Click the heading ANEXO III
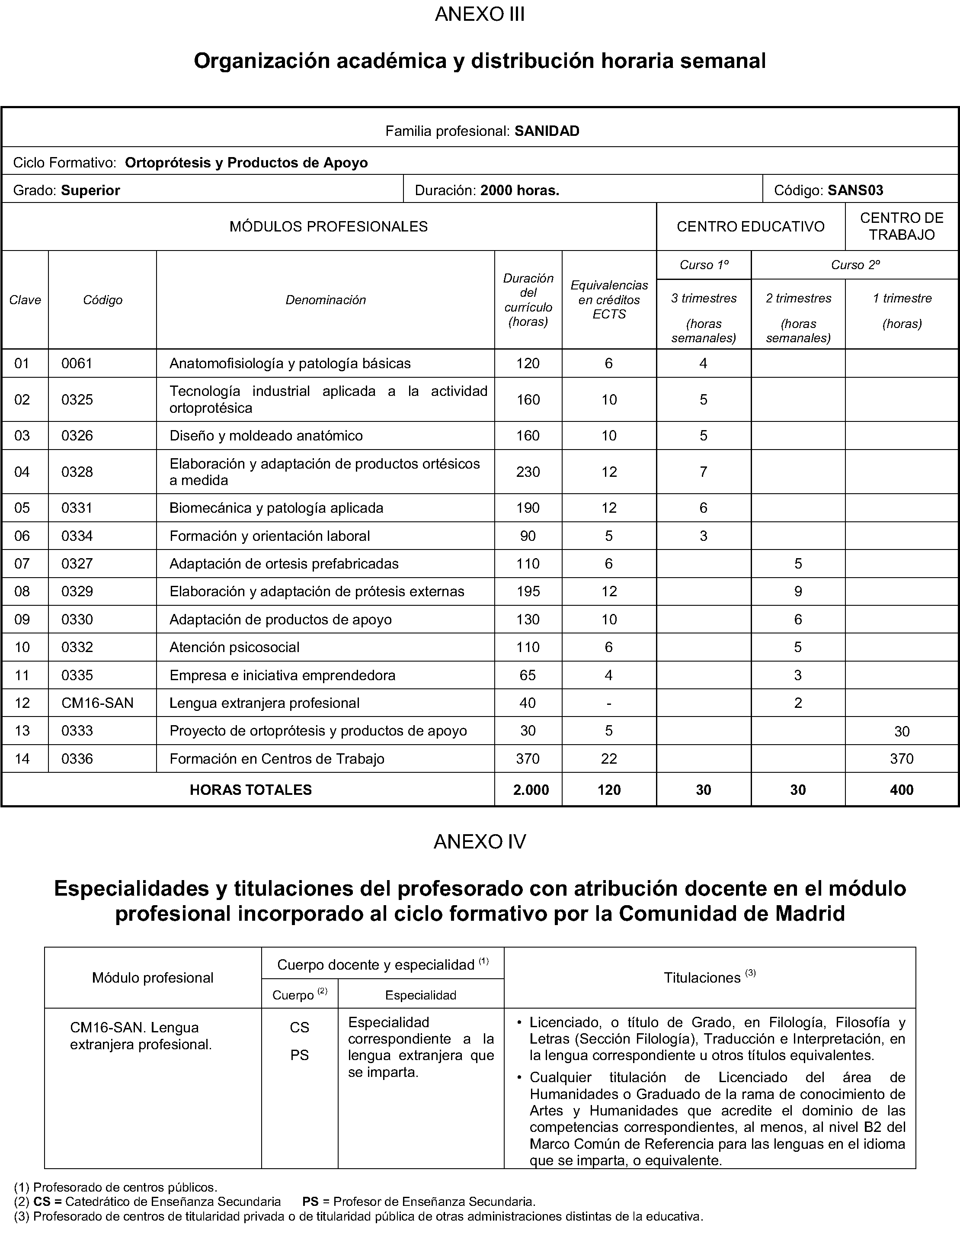pyautogui.click(x=480, y=14)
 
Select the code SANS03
pyautogui.click(x=855, y=190)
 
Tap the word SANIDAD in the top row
pyautogui.click(x=547, y=131)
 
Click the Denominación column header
pyautogui.click(x=325, y=300)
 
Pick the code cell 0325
pyautogui.click(x=77, y=399)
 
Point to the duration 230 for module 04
pyautogui.click(x=528, y=472)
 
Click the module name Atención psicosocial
pyautogui.click(x=234, y=647)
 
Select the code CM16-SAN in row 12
pyautogui.click(x=97, y=703)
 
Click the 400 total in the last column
pyautogui.click(x=901, y=790)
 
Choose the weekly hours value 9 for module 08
pyautogui.click(x=798, y=591)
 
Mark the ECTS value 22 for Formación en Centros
pyautogui.click(x=609, y=759)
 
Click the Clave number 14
pyautogui.click(x=22, y=759)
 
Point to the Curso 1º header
pyautogui.click(x=704, y=265)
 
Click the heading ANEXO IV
pyautogui.click(x=480, y=842)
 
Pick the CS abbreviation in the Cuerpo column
pyautogui.click(x=299, y=1027)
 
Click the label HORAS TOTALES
pyautogui.click(x=250, y=790)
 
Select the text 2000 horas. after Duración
pyautogui.click(x=519, y=190)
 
